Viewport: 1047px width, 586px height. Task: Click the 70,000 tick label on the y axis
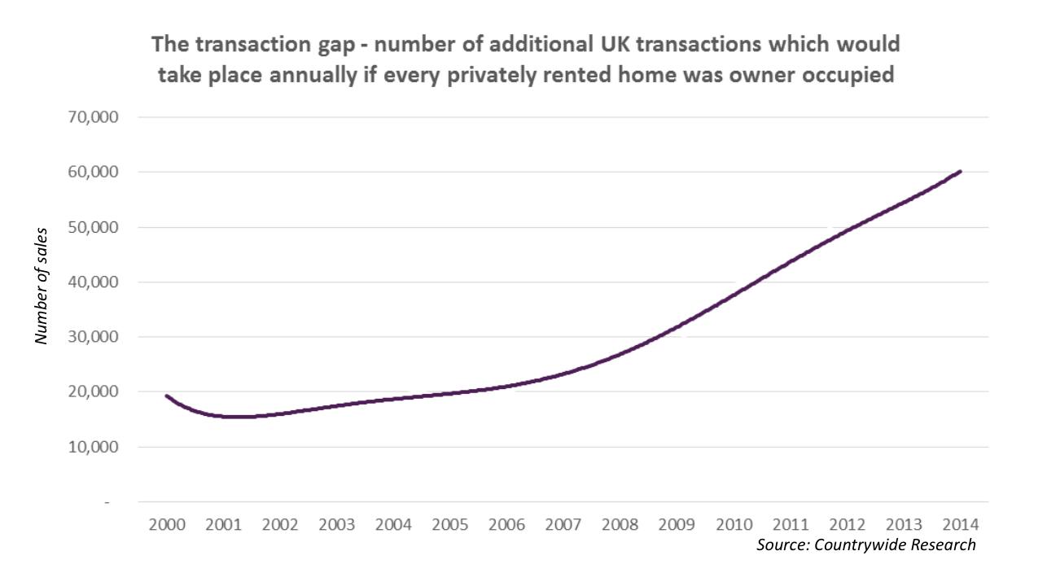click(x=93, y=117)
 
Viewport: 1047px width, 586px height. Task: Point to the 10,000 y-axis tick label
click(x=93, y=447)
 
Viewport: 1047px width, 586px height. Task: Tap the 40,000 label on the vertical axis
click(x=93, y=282)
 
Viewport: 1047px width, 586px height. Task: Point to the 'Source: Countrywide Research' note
click(x=865, y=544)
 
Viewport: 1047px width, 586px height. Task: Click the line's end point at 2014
click(x=961, y=172)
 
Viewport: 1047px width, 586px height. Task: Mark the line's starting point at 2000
click(x=166, y=396)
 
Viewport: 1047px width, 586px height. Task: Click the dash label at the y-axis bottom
click(x=106, y=502)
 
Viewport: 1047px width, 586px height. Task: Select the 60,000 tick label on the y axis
click(x=93, y=173)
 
